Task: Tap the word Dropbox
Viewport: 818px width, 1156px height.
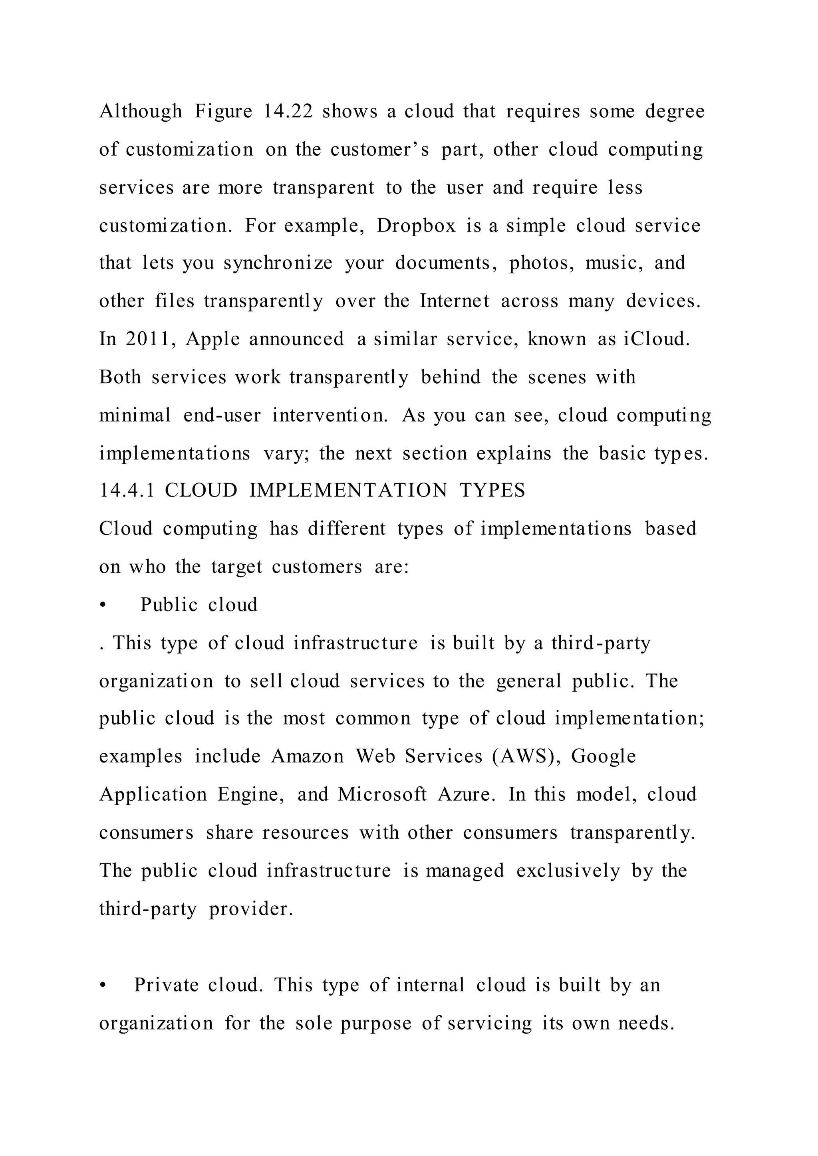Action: click(x=416, y=226)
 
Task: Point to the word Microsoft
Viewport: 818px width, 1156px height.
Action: click(x=382, y=794)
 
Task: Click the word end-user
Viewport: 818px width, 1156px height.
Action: click(x=222, y=416)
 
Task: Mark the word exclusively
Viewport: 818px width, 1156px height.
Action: click(x=568, y=871)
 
